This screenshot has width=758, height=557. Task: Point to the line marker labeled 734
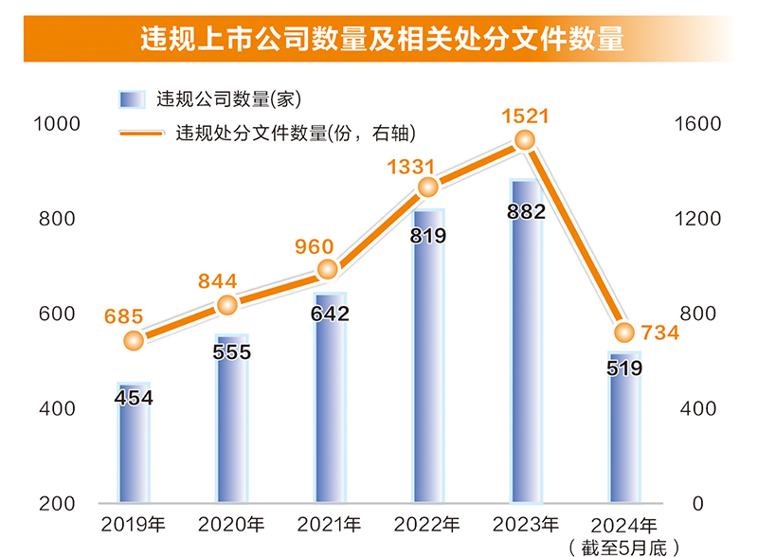click(624, 332)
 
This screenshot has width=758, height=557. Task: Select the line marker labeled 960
click(329, 270)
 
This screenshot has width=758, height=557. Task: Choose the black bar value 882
click(526, 211)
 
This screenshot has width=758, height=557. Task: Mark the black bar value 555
click(232, 352)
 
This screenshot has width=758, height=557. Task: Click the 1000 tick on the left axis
click(56, 123)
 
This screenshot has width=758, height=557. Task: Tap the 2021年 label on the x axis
click(329, 525)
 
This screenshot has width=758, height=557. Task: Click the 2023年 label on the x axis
click(526, 525)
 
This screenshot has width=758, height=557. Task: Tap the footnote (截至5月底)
click(624, 547)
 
